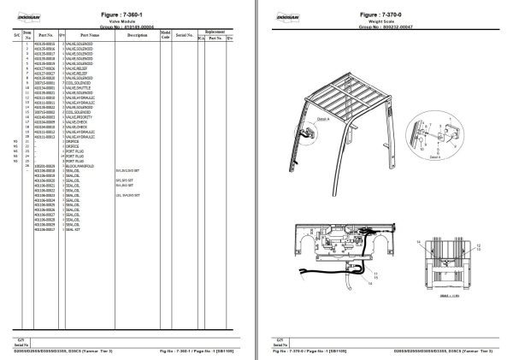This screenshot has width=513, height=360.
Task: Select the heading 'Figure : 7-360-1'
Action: (133, 15)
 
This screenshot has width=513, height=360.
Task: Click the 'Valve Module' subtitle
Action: (133, 21)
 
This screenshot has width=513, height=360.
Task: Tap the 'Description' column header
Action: (134, 35)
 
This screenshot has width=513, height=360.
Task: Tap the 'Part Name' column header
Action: (91, 35)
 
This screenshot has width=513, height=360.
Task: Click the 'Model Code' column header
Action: (165, 35)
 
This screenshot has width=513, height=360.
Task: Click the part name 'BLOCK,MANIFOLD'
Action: (78, 165)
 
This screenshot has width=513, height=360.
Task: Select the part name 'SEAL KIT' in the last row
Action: (72, 229)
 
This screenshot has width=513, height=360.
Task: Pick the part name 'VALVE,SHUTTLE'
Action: (76, 86)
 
